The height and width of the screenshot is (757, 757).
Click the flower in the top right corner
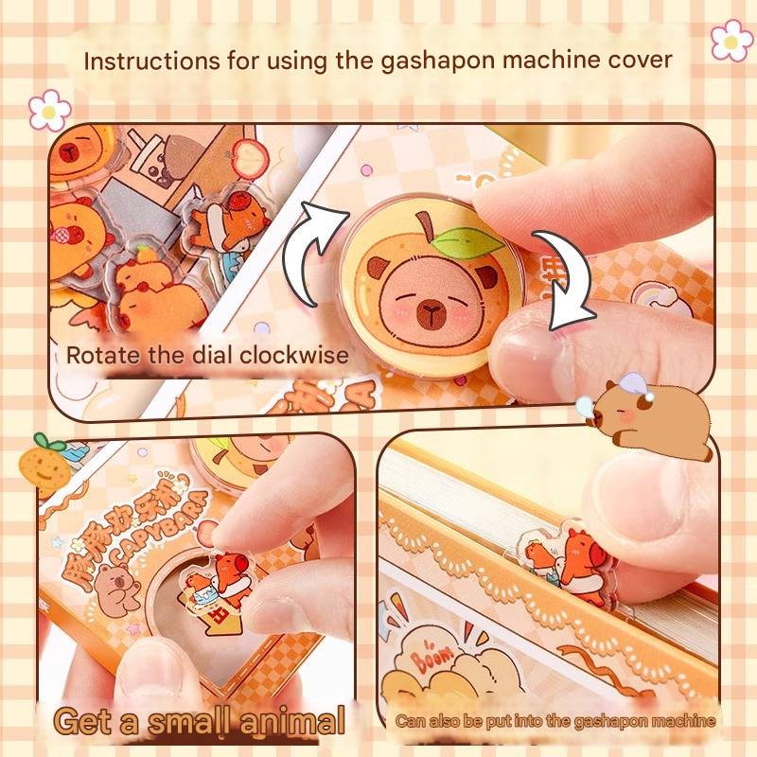(731, 40)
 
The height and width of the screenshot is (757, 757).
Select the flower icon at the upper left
(48, 110)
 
